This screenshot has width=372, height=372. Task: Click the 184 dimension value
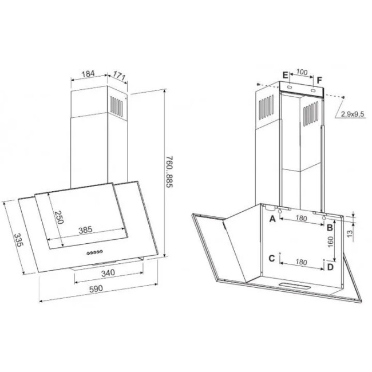click(88, 74)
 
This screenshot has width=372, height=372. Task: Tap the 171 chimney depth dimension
click(119, 76)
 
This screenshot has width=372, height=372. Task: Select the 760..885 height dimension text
click(169, 172)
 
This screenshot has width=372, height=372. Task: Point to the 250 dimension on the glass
click(59, 217)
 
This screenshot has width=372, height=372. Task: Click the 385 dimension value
click(85, 229)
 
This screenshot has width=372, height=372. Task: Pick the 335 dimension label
click(18, 240)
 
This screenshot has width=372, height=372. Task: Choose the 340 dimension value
click(108, 273)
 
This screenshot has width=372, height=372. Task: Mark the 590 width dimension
click(96, 288)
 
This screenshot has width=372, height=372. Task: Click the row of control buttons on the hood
click(94, 252)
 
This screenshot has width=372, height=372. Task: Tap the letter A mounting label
click(272, 219)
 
